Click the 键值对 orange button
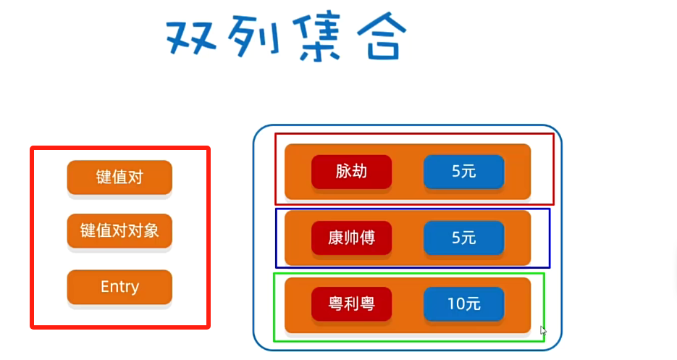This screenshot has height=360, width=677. coord(119,177)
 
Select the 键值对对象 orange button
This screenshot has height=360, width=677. coord(119,231)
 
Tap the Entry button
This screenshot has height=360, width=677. coord(119,287)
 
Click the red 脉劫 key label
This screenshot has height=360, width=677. coord(351,172)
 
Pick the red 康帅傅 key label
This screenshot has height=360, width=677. coord(351,238)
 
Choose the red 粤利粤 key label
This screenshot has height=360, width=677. coord(351,304)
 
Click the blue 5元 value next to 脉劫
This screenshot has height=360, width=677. coord(463,172)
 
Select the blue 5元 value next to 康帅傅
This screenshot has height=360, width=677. coord(463,238)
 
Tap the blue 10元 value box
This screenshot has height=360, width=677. coord(463,304)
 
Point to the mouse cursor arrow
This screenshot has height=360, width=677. coord(542,330)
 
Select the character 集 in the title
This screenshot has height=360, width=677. coord(312,36)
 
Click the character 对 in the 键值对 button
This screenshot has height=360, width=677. coord(135,177)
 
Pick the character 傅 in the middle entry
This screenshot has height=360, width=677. coord(367,238)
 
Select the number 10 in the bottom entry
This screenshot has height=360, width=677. coord(455,304)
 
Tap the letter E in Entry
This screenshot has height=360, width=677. coord(105,287)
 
